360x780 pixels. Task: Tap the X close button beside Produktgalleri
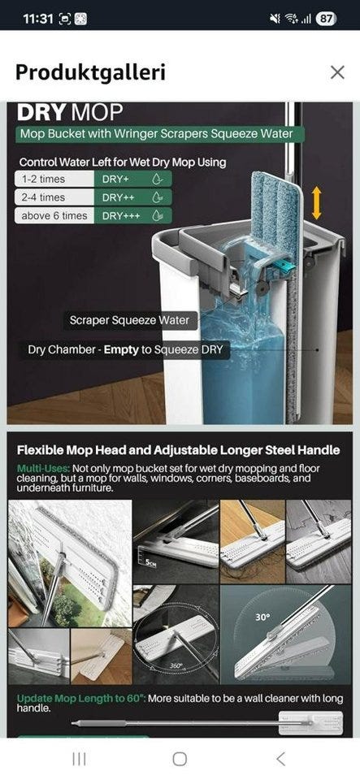click(337, 72)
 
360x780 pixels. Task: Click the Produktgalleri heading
click(90, 72)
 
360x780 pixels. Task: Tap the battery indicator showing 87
click(326, 19)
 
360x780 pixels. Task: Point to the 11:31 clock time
click(37, 19)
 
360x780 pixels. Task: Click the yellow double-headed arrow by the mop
click(316, 203)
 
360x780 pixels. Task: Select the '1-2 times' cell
click(54, 179)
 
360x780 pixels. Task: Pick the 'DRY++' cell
click(132, 197)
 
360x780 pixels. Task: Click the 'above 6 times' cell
click(54, 216)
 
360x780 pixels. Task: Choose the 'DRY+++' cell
click(132, 216)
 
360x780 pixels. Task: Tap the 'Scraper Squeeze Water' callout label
click(129, 320)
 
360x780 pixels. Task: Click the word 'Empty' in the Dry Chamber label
click(121, 349)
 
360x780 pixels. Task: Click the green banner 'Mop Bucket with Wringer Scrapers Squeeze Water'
click(159, 134)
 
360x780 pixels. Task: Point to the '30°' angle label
click(262, 617)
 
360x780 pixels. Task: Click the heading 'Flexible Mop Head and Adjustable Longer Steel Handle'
click(179, 451)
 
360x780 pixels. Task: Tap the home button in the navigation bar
click(180, 759)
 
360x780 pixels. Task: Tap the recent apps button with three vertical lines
click(79, 759)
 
